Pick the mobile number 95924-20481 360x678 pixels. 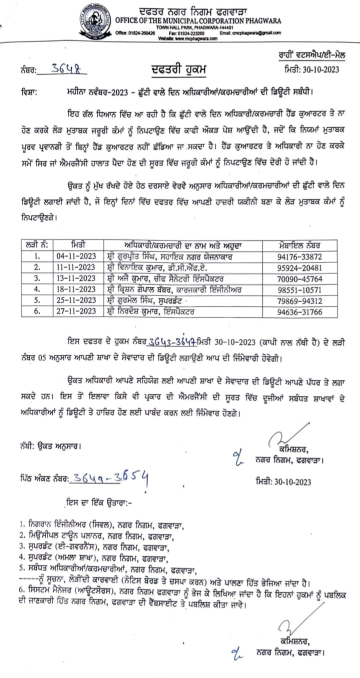(x=300, y=267)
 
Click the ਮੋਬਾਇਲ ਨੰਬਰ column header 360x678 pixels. (x=300, y=245)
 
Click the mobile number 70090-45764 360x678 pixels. (x=300, y=278)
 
